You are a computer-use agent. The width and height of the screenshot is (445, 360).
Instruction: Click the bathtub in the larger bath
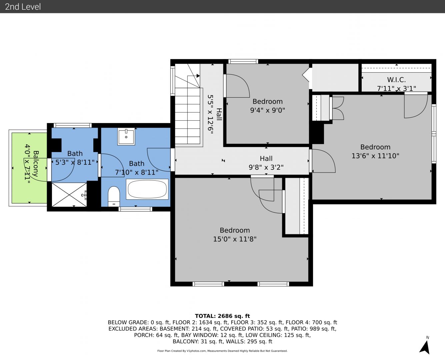(x=147, y=189)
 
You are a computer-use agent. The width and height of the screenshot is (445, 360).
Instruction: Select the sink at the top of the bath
(x=126, y=137)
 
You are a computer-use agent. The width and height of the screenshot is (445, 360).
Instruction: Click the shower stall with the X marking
(x=69, y=195)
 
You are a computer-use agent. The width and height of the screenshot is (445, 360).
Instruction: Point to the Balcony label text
(x=36, y=164)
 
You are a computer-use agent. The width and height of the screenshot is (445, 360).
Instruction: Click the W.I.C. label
(x=396, y=80)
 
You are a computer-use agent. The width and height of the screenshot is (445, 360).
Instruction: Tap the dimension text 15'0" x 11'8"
(x=235, y=239)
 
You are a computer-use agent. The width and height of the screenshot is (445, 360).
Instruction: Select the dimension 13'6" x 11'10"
(x=375, y=156)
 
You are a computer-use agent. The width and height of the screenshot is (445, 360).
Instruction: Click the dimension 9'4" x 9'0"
(x=267, y=110)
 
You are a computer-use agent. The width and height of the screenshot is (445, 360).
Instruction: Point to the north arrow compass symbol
(x=425, y=347)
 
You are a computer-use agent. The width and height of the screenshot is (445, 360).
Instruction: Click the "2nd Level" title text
(x=23, y=7)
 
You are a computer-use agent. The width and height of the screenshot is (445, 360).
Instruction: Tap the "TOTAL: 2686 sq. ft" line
(x=222, y=316)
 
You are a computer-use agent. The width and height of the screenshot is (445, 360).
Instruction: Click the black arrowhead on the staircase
(x=198, y=76)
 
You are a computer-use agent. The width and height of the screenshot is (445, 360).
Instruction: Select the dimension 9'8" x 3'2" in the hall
(x=266, y=167)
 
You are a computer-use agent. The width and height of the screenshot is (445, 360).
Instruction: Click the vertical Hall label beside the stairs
(x=219, y=114)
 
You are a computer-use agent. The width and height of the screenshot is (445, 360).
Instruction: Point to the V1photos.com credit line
(x=222, y=351)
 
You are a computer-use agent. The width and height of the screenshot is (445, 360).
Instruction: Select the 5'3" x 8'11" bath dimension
(x=75, y=162)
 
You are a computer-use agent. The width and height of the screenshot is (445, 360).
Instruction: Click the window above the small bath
(x=73, y=125)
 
